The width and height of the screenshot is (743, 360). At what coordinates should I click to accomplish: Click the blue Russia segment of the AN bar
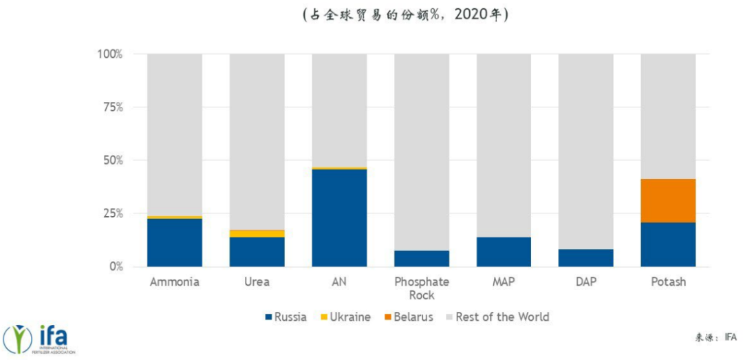(339, 218)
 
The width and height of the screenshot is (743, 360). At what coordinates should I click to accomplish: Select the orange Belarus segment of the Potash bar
(668, 200)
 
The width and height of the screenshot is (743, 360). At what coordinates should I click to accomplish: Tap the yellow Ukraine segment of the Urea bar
(257, 233)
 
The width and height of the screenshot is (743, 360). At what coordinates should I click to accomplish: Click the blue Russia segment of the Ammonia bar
(175, 242)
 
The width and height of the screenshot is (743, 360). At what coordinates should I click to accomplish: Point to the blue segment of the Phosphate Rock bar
(421, 258)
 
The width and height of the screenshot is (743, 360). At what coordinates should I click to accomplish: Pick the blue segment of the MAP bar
(504, 251)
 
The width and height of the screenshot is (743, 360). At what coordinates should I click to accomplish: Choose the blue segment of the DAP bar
(585, 257)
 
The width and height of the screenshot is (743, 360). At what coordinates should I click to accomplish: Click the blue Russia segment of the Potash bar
(668, 244)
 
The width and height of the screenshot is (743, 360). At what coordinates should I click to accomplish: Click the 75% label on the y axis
(111, 107)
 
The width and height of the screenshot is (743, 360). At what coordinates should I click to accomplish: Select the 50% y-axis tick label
(111, 160)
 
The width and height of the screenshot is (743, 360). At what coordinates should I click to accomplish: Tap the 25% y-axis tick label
(111, 213)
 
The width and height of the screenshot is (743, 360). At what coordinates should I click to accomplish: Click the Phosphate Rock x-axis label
(421, 288)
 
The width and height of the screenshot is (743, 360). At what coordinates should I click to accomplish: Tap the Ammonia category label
(175, 282)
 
